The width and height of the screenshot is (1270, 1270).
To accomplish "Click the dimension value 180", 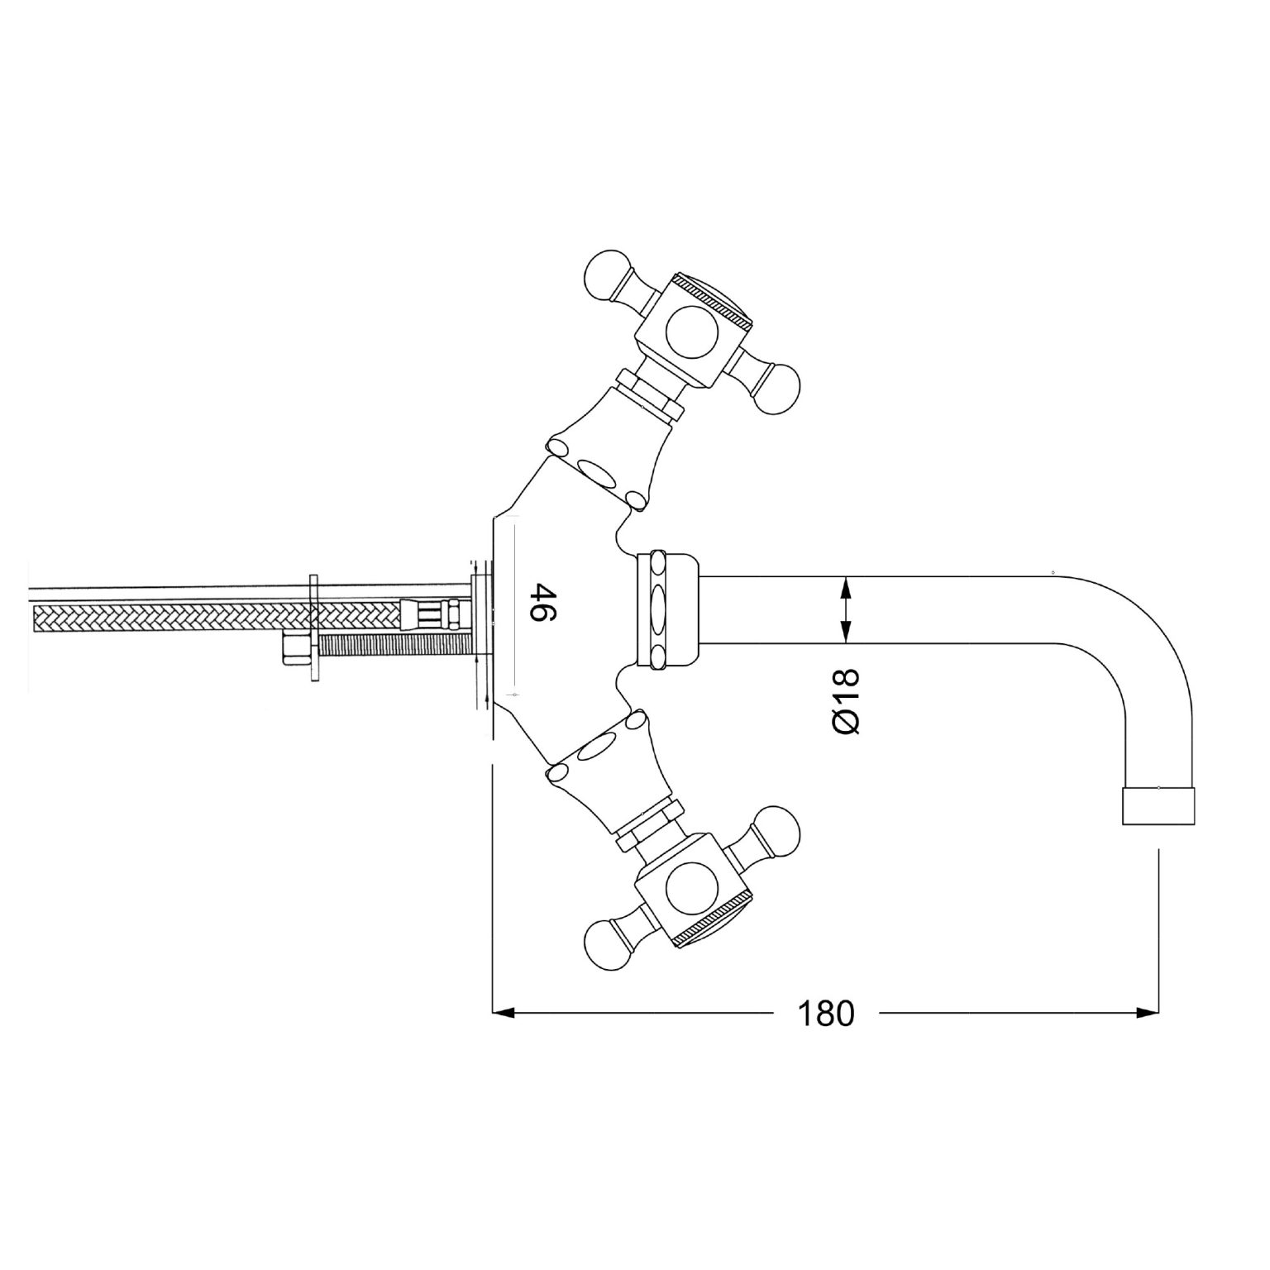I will pos(825,1014).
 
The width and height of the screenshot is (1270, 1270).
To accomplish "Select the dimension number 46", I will pos(542,604).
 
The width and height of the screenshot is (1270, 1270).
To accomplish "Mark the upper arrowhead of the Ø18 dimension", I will pos(845,586).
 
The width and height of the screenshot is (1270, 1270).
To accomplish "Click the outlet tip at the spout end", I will pos(1158,805).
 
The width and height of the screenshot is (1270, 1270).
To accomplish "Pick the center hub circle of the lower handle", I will pos(692,889).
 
